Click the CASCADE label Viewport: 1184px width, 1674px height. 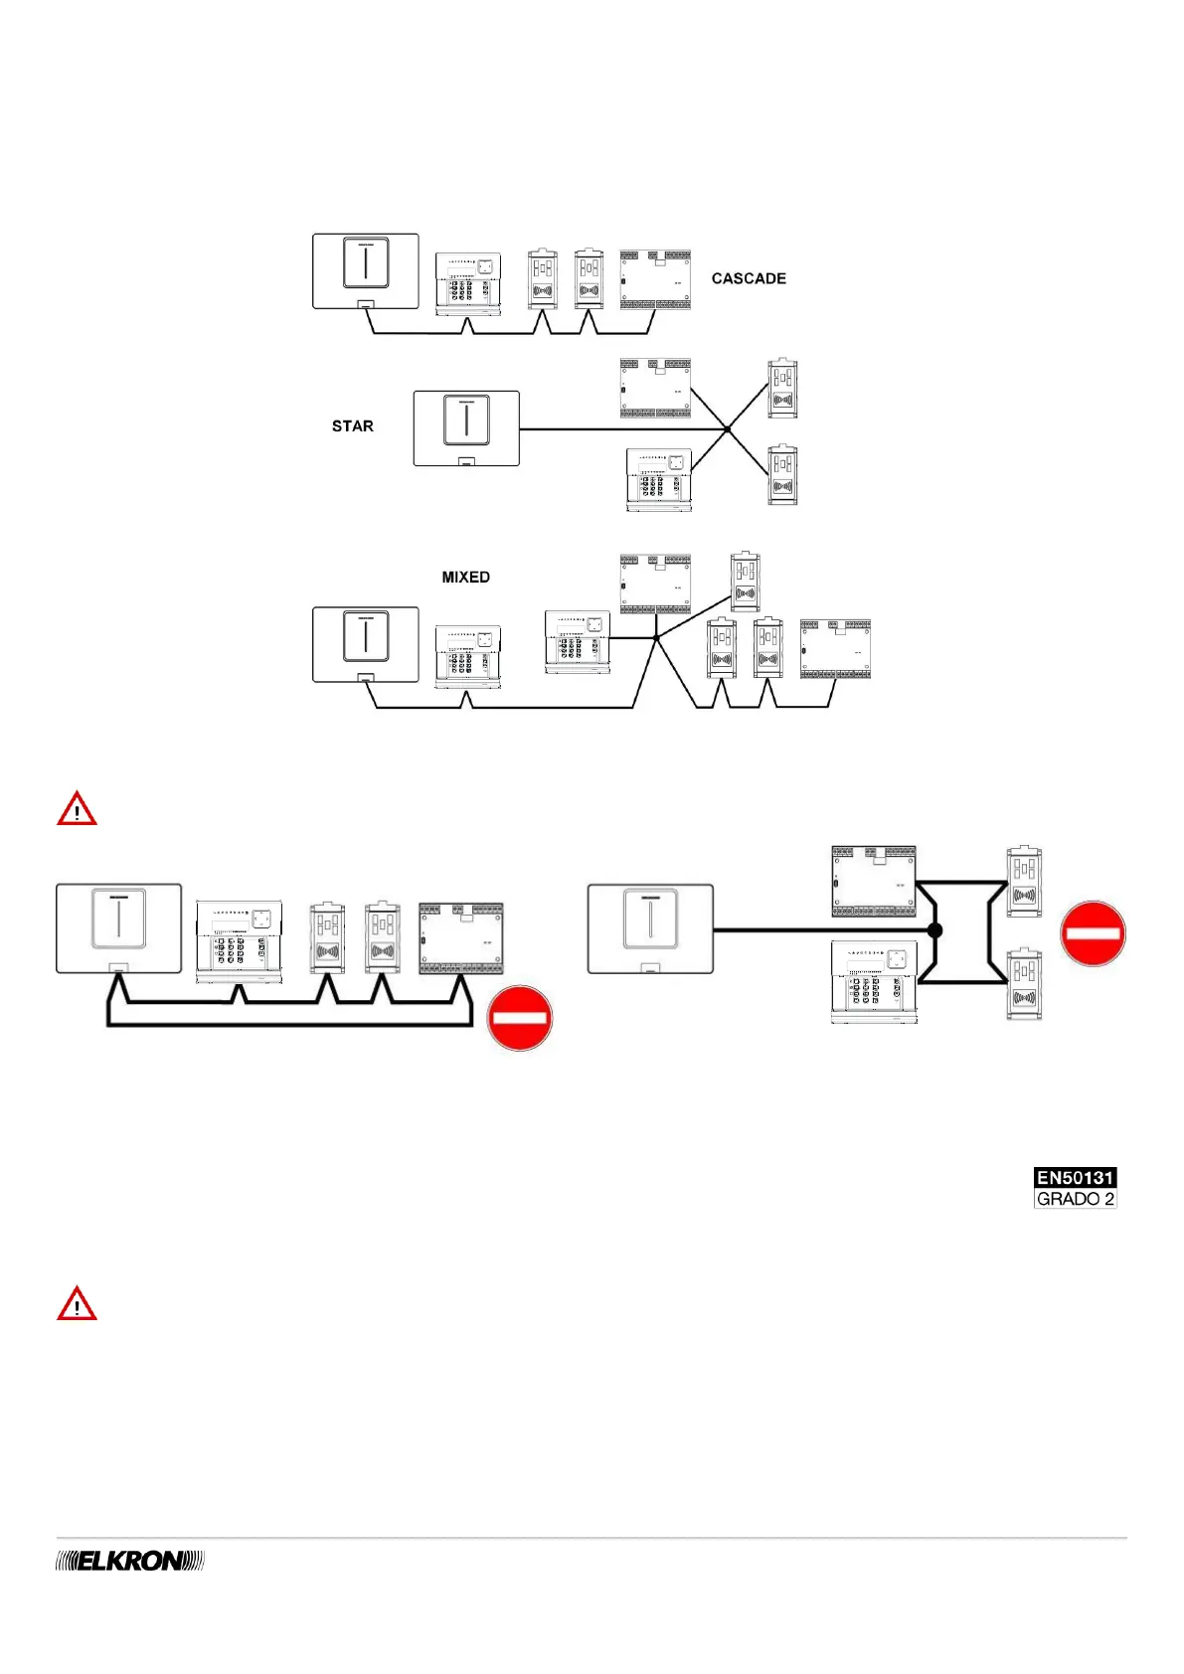click(749, 279)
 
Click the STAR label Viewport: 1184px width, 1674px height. click(353, 426)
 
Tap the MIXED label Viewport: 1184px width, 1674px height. click(465, 578)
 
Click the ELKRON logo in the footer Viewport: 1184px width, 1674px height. click(130, 1562)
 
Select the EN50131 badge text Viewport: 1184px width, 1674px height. click(1075, 1178)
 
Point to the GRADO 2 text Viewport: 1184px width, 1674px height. click(1075, 1199)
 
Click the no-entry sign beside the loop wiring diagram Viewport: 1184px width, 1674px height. click(519, 1018)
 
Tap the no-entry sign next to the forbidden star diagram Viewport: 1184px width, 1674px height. click(1093, 933)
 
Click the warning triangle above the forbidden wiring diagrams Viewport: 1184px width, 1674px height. click(77, 809)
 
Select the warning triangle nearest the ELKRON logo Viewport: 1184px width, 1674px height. click(77, 1304)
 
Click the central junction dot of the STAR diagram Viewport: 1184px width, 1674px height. click(728, 429)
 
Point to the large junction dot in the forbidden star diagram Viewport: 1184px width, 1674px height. click(934, 931)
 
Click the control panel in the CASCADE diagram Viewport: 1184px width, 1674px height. click(365, 271)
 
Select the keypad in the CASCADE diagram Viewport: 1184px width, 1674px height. click(468, 283)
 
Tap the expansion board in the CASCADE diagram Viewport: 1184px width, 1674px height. click(655, 280)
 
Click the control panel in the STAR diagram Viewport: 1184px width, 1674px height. click(466, 427)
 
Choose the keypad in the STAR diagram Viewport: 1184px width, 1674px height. click(658, 480)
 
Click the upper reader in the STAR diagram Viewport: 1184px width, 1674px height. click(782, 389)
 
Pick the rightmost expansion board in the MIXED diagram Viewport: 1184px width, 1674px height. click(835, 649)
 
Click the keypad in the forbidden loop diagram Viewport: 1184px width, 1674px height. click(239, 941)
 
